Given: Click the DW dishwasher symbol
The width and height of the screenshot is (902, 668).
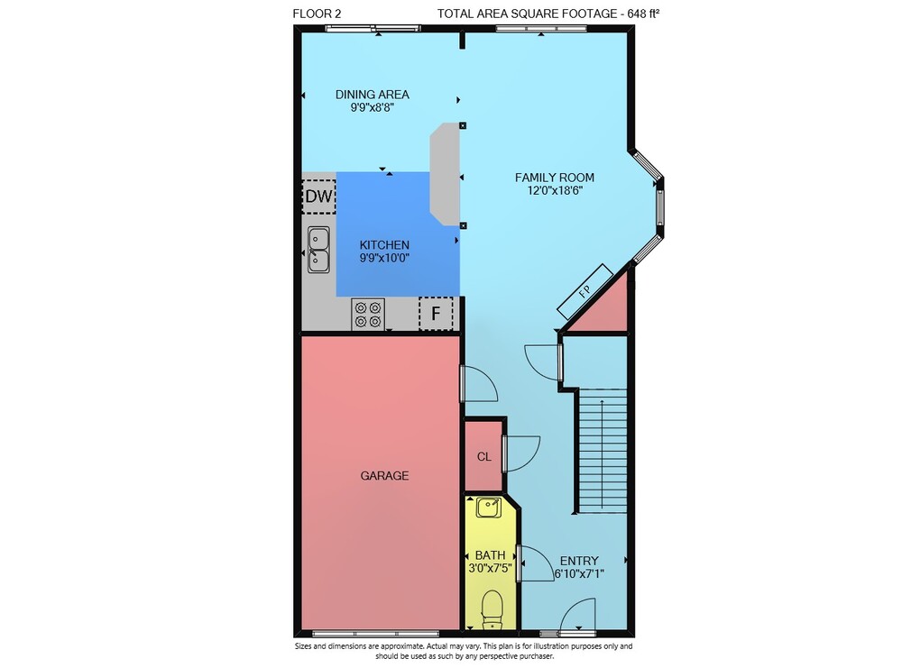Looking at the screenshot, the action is coord(318,197).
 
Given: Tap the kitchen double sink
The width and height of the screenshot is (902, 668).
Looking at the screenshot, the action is coord(318,250).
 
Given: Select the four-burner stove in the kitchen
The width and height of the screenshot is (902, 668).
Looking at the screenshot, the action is coord(368,315).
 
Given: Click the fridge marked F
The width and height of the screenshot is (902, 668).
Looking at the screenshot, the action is coord(436,314).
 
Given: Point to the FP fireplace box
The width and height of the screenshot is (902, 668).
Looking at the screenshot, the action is coord(584,291).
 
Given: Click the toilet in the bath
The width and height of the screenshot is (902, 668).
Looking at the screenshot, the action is coord(492,609).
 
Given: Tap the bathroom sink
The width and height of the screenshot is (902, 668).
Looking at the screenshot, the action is coord(488,508).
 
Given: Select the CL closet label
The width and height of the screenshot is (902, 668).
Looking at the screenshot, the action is coord(483,457).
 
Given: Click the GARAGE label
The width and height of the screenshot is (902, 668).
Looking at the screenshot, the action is coord(384,475).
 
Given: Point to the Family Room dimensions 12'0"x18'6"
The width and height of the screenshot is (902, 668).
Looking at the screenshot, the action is coord(555,190).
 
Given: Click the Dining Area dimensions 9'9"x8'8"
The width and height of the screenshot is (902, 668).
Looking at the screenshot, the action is coord(373,107).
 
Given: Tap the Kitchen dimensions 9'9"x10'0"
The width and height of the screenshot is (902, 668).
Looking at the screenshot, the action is coord(384,258).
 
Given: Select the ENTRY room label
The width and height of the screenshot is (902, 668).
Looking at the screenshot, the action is coord(579,561).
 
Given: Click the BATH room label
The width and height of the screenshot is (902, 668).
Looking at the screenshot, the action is coord(490,555).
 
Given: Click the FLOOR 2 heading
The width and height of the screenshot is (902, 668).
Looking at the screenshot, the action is coord(317,14).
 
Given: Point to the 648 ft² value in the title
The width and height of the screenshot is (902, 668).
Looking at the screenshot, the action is coord(643,14).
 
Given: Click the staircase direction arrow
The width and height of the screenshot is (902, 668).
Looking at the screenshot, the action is coord(602,454).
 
